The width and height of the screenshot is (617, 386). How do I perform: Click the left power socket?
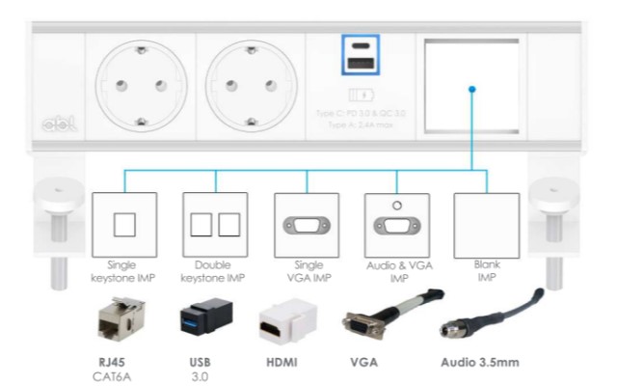[x=140, y=87]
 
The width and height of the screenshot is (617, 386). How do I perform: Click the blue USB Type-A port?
[x=359, y=65]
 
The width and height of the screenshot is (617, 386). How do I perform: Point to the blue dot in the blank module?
[x=472, y=89]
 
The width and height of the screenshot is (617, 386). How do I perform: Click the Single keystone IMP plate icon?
[x=123, y=225]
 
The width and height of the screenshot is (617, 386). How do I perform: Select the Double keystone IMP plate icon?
[x=215, y=225]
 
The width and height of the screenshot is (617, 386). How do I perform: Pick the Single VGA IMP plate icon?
[x=307, y=225]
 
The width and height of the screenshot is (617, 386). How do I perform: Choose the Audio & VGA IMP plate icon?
[x=396, y=225]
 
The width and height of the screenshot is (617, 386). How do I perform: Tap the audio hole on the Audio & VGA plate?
[x=396, y=205]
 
